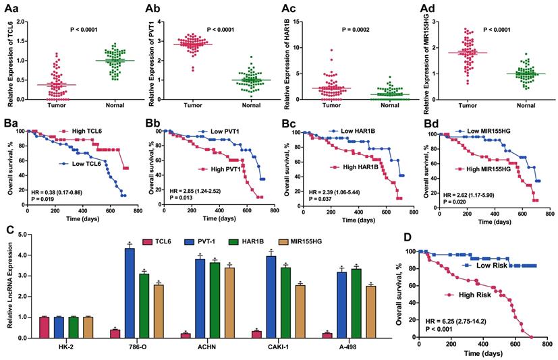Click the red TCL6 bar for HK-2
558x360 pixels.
(45, 326)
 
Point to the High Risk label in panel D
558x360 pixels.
(470, 295)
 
